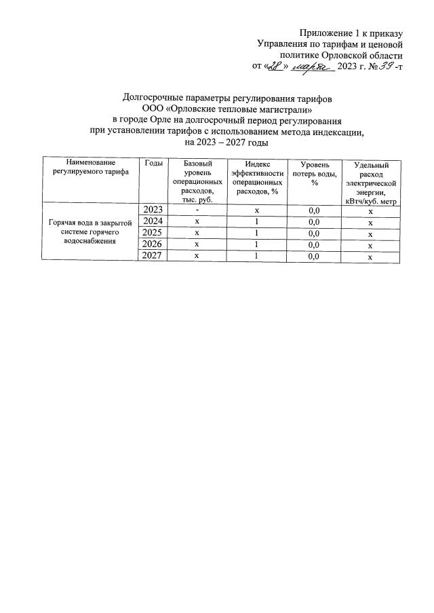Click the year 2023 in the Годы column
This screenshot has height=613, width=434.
tap(153, 209)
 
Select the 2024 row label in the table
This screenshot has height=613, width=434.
tap(153, 221)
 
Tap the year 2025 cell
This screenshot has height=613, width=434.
tap(153, 232)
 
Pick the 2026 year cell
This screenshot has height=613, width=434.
tap(153, 244)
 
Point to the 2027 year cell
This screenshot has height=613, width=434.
tap(153, 256)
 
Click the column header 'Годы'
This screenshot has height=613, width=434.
tap(153, 164)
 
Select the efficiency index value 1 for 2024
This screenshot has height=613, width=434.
tap(257, 221)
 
